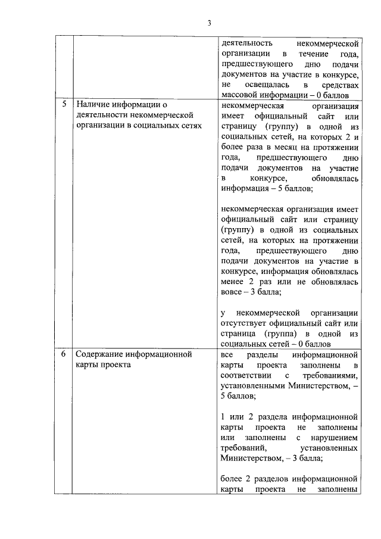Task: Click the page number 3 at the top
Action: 209,23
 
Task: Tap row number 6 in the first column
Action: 64,354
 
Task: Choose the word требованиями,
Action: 329,375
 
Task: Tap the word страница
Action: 238,334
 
